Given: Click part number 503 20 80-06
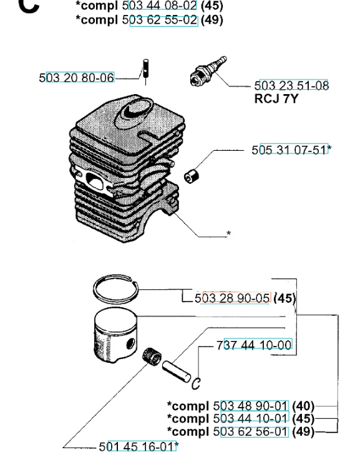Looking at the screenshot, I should pyautogui.click(x=77, y=78).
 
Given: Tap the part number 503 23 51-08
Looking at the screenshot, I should pyautogui.click(x=292, y=87).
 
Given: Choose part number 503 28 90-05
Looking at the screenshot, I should pyautogui.click(x=232, y=299).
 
